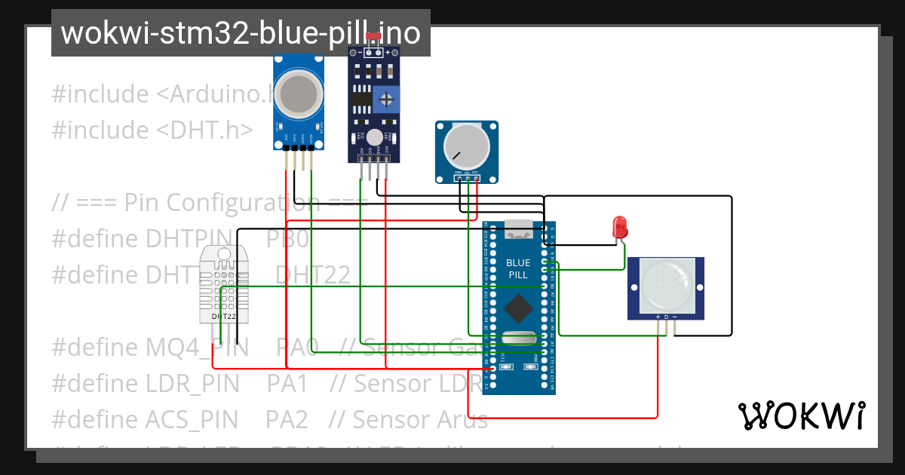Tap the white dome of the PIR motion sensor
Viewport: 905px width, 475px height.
coord(666,285)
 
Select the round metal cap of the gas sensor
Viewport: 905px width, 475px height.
coord(299,94)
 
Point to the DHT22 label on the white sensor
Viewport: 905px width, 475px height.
coord(224,317)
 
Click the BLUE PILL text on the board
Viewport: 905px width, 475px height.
coord(518,268)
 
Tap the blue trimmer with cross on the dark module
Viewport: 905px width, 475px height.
coord(387,99)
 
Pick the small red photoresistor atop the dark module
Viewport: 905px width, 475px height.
coord(373,36)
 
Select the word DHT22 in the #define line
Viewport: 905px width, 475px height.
coord(312,275)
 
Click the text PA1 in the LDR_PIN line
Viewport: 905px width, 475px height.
coord(287,384)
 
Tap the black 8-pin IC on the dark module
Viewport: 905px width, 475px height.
coord(361,99)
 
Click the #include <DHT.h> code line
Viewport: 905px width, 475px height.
coord(152,130)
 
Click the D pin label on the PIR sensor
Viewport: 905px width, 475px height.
coord(666,316)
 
